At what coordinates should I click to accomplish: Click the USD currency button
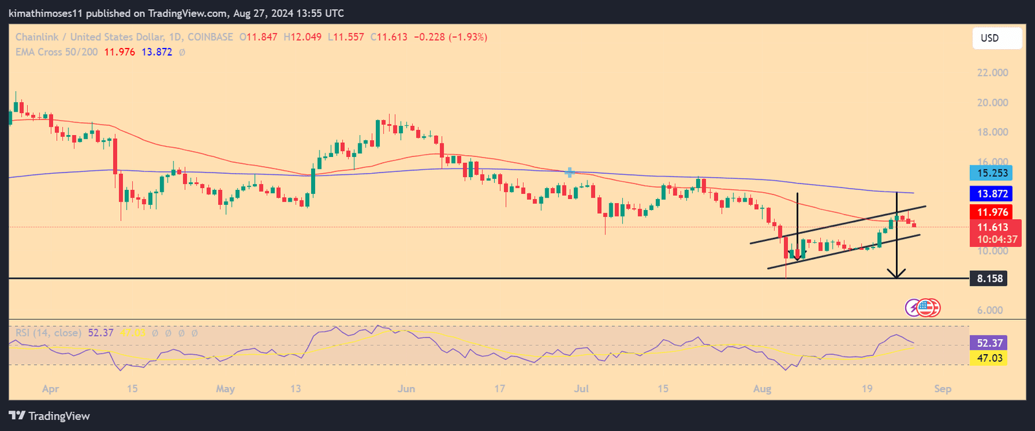pyautogui.click(x=997, y=38)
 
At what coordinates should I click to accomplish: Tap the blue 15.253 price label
pyautogui.click(x=992, y=173)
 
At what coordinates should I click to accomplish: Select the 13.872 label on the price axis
pyautogui.click(x=992, y=194)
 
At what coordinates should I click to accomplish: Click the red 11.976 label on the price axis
pyautogui.click(x=992, y=213)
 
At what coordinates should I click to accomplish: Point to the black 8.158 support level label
pyautogui.click(x=990, y=279)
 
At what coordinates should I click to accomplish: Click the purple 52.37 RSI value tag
pyautogui.click(x=989, y=343)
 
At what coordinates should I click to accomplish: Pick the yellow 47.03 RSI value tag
pyautogui.click(x=989, y=358)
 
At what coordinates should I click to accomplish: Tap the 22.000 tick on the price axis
pyautogui.click(x=992, y=73)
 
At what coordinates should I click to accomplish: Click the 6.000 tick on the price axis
pyautogui.click(x=990, y=310)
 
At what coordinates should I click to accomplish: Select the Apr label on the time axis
pyautogui.click(x=50, y=389)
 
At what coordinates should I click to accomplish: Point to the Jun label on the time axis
pyautogui.click(x=406, y=389)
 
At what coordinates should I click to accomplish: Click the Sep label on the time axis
pyautogui.click(x=942, y=389)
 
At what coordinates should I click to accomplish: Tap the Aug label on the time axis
pyautogui.click(x=762, y=389)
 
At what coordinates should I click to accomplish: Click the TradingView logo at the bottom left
pyautogui.click(x=49, y=416)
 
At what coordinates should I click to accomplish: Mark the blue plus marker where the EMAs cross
pyautogui.click(x=570, y=173)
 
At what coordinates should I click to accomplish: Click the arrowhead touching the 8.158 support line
pyautogui.click(x=896, y=274)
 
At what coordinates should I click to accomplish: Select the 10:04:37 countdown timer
pyautogui.click(x=997, y=240)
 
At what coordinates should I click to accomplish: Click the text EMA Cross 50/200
pyautogui.click(x=56, y=52)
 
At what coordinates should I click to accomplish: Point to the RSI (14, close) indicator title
pyautogui.click(x=49, y=333)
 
